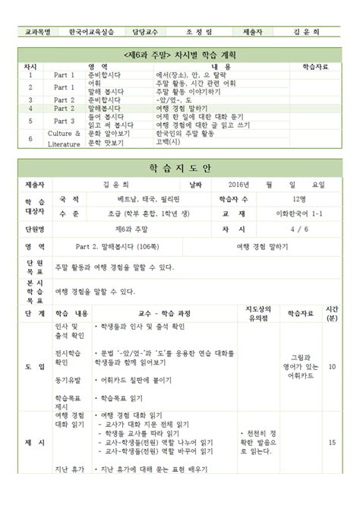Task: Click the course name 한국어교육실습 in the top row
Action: click(93, 32)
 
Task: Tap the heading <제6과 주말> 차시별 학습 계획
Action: click(179, 56)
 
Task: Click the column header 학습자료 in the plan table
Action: click(315, 67)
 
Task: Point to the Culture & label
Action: click(64, 133)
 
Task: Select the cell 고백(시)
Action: click(169, 142)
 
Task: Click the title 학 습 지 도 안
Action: click(180, 168)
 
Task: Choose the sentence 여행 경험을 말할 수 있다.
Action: click(95, 291)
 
